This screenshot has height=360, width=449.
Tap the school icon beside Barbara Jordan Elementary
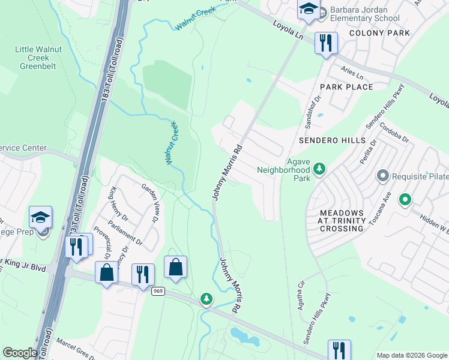309,9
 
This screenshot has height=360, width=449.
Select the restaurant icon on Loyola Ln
326,43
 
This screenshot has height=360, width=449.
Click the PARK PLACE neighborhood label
346,87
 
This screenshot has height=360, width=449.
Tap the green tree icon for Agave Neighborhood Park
319,169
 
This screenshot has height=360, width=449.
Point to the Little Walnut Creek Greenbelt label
36,58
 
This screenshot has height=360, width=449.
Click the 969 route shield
158,291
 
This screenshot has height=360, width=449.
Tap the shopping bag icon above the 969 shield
175,267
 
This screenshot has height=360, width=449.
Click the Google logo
20,353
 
